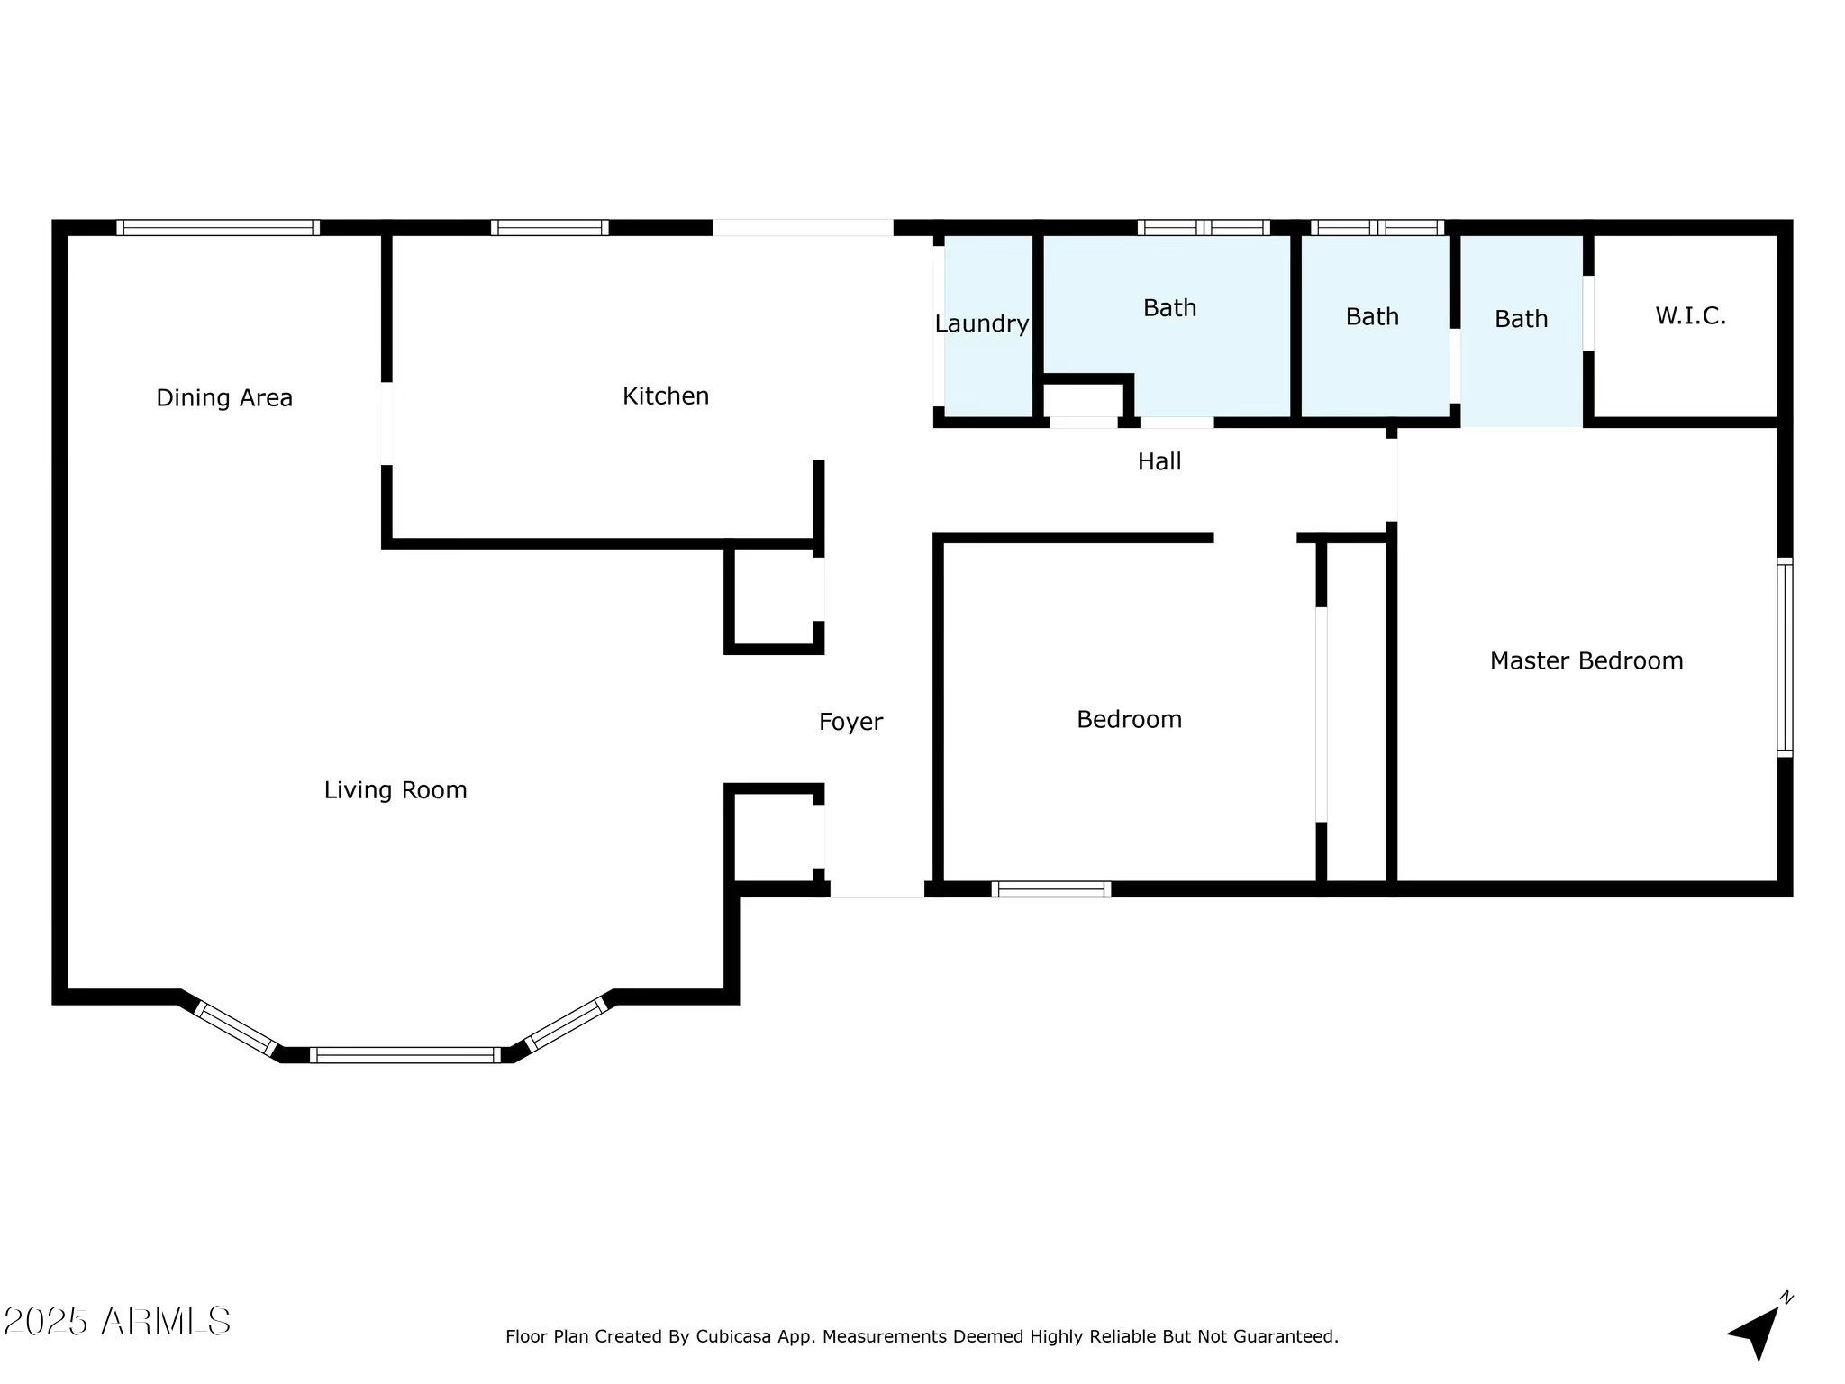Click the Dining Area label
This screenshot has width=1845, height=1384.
(224, 397)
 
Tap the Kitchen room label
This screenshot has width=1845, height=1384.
(666, 396)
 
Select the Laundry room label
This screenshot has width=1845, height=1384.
(981, 323)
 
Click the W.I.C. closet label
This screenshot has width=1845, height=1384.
(1690, 316)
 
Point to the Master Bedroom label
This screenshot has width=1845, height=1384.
(1586, 660)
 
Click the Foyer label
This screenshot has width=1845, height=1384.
(850, 722)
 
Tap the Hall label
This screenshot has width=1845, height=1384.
(1159, 461)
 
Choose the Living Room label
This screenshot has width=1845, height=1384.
(395, 790)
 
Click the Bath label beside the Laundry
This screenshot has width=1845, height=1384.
(1169, 308)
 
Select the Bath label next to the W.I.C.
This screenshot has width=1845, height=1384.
(1521, 319)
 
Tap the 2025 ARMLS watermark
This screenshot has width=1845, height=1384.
(117, 1322)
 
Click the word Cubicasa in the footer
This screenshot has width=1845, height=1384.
(733, 1336)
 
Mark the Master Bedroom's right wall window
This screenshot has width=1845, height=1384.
(1784, 657)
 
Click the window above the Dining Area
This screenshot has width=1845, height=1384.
(218, 227)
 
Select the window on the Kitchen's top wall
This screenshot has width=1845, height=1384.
(550, 227)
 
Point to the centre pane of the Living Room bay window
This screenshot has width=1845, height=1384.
(405, 1054)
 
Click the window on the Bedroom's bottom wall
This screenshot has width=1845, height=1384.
(1051, 888)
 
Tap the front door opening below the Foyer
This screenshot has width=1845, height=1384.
(877, 889)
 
